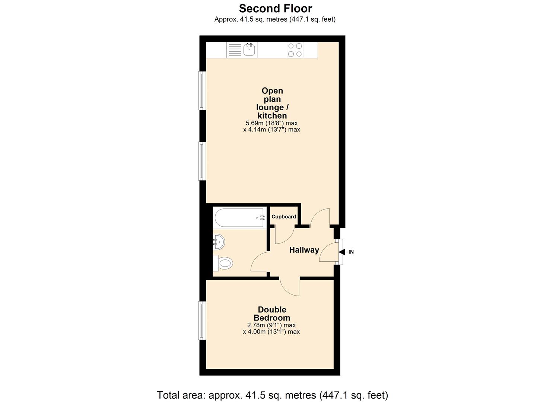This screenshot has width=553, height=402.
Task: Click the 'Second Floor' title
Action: (276, 8)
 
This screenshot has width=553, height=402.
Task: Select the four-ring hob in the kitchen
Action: (295, 50)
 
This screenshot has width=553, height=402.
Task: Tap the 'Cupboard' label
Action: (284, 217)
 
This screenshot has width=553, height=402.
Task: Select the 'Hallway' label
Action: (304, 250)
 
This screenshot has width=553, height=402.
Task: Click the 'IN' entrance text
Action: (351, 252)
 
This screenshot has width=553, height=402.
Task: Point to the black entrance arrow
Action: (342, 252)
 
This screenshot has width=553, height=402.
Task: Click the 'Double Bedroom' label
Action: (272, 313)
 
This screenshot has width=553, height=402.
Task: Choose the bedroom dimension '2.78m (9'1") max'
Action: (271, 325)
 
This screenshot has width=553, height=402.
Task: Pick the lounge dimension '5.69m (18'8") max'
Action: (271, 123)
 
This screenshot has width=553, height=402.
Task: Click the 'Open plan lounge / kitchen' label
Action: (272, 103)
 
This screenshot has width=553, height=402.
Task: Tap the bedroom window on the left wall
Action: (202, 320)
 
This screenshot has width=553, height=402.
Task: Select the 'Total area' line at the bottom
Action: (273, 395)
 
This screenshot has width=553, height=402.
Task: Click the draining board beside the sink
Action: (235, 50)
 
